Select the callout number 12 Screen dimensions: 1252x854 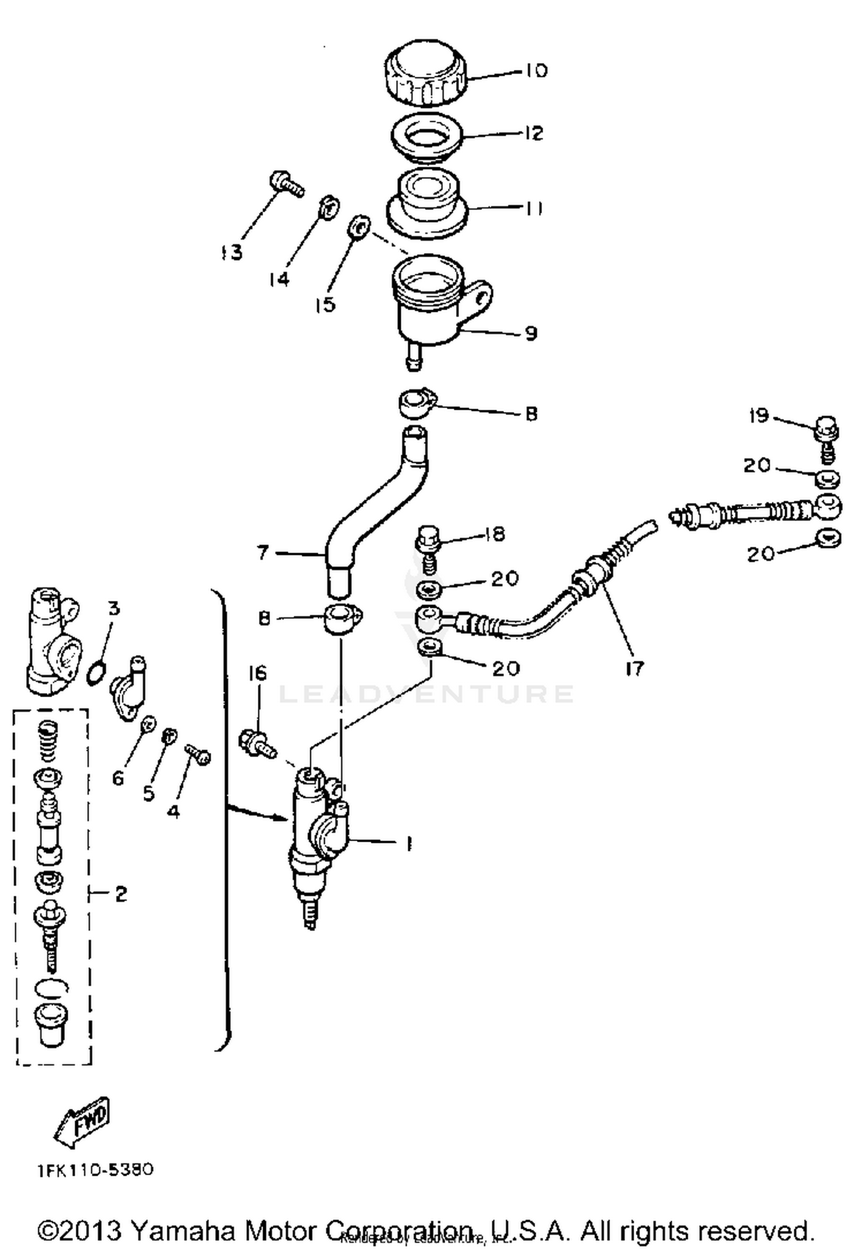pyautogui.click(x=534, y=133)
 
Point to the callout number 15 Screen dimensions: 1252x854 pyautogui.click(x=325, y=304)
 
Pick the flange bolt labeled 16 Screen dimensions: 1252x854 pyautogui.click(x=256, y=744)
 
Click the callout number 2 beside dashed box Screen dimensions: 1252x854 pyautogui.click(x=120, y=894)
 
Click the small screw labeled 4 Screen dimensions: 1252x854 pyautogui.click(x=198, y=754)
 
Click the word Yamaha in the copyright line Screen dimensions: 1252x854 pyautogui.click(x=183, y=1232)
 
